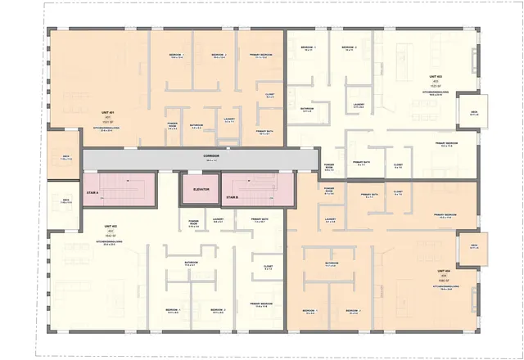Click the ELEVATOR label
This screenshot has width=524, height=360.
pos(202,189)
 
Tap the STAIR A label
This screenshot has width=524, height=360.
pos(92,193)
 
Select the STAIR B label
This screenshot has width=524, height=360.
pos(232,197)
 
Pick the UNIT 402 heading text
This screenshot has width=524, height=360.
pos(110,226)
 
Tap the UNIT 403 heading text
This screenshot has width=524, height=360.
pos(434,76)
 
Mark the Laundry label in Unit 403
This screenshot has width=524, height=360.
pos(359,104)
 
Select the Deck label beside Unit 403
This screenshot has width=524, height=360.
pos(474,111)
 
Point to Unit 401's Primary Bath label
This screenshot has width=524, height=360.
pos(264,131)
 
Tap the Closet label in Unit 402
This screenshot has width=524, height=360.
pos(268,266)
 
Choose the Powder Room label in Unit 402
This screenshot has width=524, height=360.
pos(194,222)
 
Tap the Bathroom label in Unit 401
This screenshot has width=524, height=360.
pos(196,125)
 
